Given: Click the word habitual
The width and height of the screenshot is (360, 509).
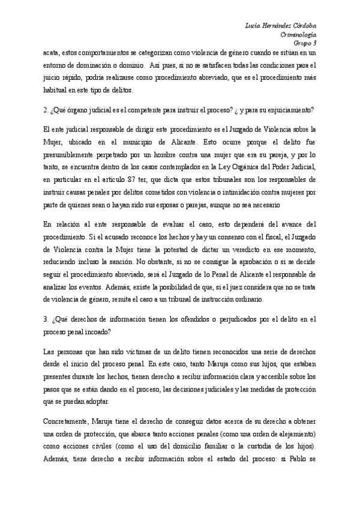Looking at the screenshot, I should pos(57,90).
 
